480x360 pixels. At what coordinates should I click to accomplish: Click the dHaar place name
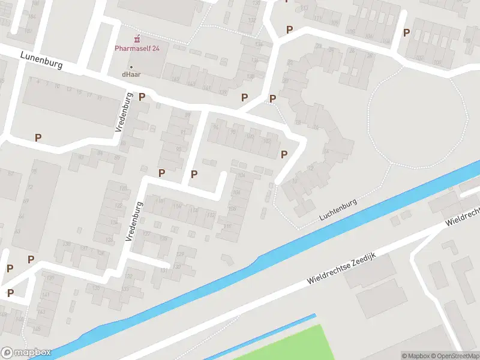pos(131,74)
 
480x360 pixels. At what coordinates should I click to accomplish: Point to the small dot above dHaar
pos(131,67)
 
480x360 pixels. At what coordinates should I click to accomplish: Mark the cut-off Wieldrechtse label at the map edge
pos(463,217)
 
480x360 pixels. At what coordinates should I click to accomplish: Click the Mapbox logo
pos(26,353)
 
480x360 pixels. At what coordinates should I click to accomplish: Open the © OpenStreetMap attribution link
pos(455,356)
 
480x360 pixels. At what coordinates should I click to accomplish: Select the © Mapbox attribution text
pos(415,356)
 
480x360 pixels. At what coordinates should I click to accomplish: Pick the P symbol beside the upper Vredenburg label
pos(142,97)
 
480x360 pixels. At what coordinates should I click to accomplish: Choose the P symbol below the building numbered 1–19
pos(38,137)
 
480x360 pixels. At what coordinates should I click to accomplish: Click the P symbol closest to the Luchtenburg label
pos(284,154)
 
